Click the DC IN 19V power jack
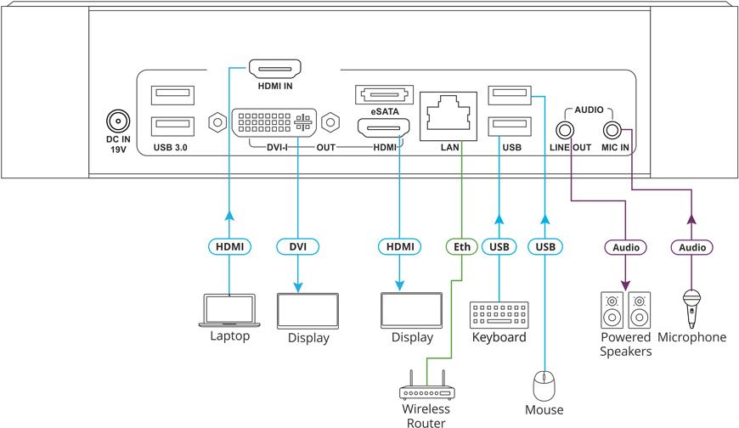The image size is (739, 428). click(x=116, y=121)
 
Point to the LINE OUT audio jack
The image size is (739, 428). click(x=565, y=130)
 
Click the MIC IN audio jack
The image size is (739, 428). click(x=612, y=130)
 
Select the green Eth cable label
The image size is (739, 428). click(x=460, y=247)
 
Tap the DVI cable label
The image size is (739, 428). click(x=298, y=247)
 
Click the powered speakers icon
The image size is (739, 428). click(x=625, y=311)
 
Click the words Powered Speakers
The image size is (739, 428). click(x=624, y=345)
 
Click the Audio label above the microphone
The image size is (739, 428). click(x=691, y=247)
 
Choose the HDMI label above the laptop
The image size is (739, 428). click(x=229, y=247)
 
